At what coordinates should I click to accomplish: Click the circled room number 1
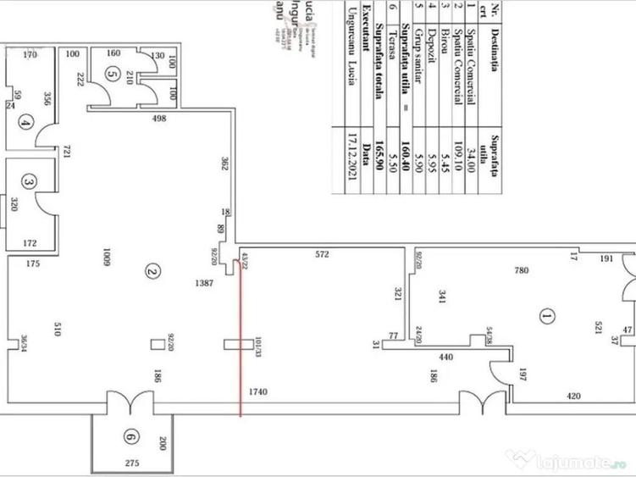pos(545,317)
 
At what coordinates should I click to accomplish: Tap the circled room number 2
pos(152,272)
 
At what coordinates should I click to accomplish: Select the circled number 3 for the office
pos(29,181)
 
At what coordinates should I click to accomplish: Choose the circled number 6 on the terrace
pos(129,437)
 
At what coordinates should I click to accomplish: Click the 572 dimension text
pos(319,253)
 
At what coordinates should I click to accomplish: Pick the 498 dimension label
pos(159,119)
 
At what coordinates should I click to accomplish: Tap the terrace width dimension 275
pos(130,464)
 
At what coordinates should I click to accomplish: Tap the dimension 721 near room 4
pos(62,154)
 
